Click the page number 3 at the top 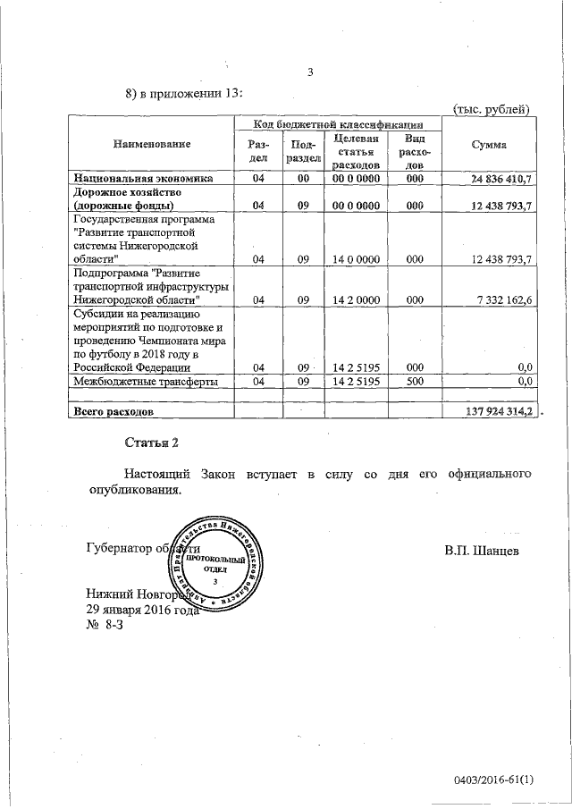(x=310, y=73)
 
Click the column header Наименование (x=152, y=144)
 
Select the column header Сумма (x=492, y=145)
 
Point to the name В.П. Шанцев (x=481, y=548)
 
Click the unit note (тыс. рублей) (x=493, y=108)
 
